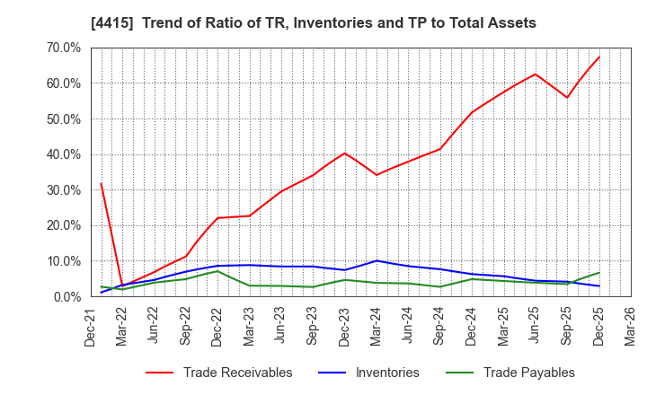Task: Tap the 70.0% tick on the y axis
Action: (61, 48)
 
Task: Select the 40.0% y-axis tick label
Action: (61, 154)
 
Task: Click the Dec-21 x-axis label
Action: (91, 326)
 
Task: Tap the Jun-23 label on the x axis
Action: (281, 326)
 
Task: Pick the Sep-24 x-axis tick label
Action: (439, 326)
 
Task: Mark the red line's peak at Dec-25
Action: (598, 57)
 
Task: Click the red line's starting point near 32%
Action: (101, 183)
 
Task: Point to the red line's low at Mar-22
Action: (122, 286)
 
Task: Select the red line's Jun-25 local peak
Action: (536, 74)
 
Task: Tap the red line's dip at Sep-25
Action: (567, 98)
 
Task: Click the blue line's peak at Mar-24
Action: (377, 260)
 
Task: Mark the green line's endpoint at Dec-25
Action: (598, 273)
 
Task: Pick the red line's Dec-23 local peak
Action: (344, 153)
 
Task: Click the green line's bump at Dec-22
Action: (217, 271)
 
